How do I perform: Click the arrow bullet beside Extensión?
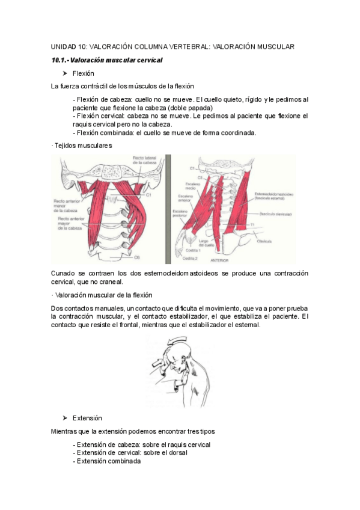pyautogui.click(x=65, y=417)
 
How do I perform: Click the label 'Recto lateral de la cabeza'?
pyautogui.click(x=145, y=160)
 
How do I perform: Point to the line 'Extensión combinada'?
pyautogui.click(x=106, y=461)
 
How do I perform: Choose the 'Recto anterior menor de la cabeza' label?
pyautogui.click(x=66, y=206)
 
